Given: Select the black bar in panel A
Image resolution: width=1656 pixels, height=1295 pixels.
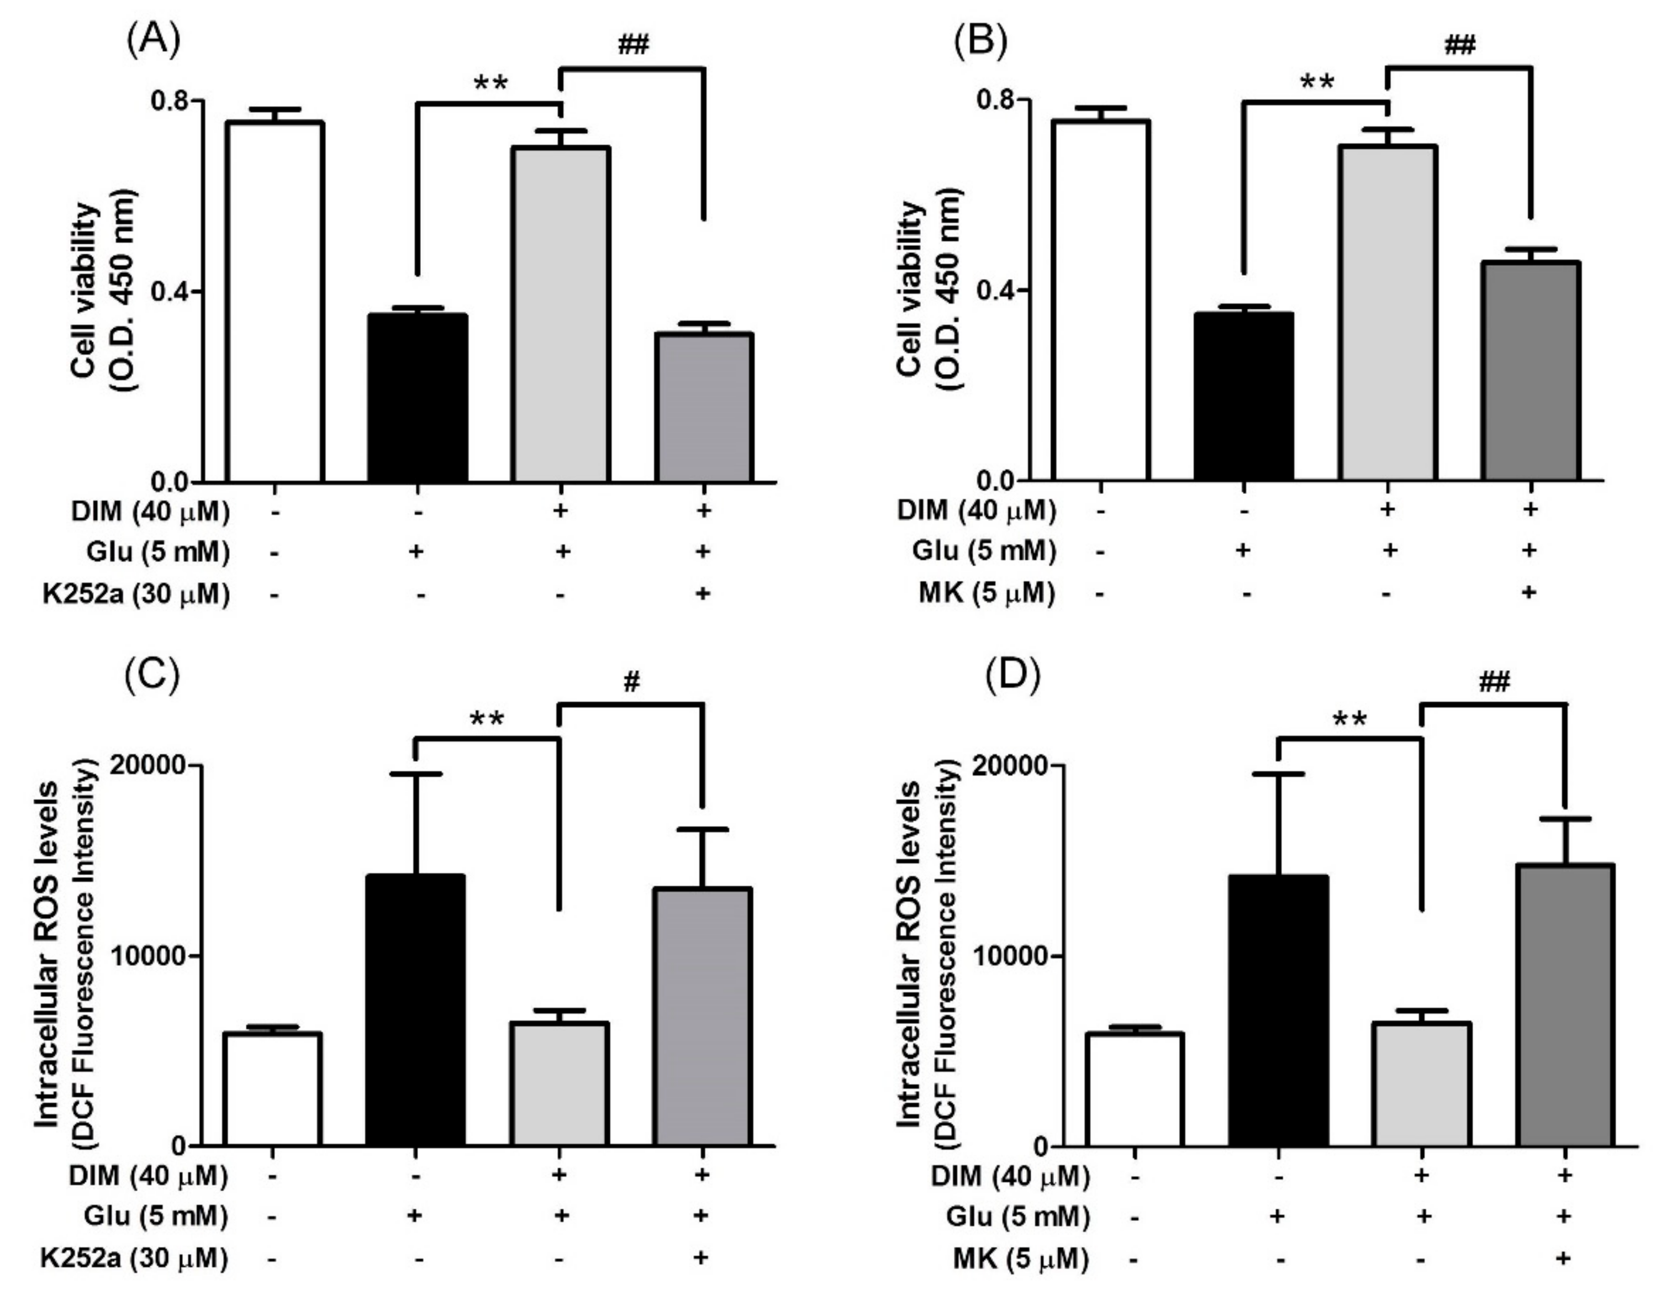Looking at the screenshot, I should pyautogui.click(x=417, y=398).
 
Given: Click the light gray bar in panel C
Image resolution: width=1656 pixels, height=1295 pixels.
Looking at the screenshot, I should pyautogui.click(x=560, y=1083).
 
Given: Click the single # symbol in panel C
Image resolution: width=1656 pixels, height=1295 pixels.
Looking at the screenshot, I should pyautogui.click(x=631, y=682).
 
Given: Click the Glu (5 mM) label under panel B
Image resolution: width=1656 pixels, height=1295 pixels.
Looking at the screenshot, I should pyautogui.click(x=983, y=552).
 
